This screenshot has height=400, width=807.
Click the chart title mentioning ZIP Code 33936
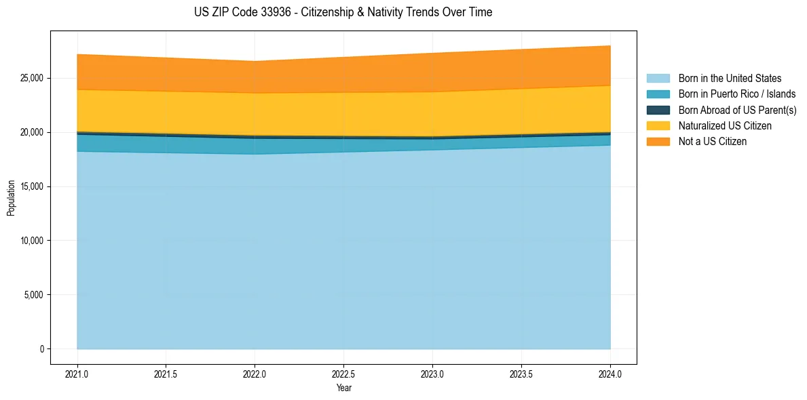[343, 12]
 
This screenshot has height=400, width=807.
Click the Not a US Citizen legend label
[712, 142]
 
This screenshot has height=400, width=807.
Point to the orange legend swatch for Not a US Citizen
[658, 142]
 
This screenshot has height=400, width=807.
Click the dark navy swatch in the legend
[658, 110]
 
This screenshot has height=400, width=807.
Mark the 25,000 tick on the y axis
[31, 78]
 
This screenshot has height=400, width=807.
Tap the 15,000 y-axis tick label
[31, 186]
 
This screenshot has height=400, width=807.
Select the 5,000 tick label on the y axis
[33, 295]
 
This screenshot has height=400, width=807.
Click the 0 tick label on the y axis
[41, 349]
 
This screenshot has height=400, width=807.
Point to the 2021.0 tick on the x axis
[77, 374]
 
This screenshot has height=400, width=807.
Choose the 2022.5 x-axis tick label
[343, 374]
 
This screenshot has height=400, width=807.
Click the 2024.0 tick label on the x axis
[610, 374]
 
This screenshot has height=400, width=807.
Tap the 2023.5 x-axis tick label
[521, 374]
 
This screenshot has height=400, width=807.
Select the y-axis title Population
[11, 198]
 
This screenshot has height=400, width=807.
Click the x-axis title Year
[343, 388]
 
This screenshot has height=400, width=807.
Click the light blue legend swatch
[658, 79]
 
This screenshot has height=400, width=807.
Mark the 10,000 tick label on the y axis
[31, 241]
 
